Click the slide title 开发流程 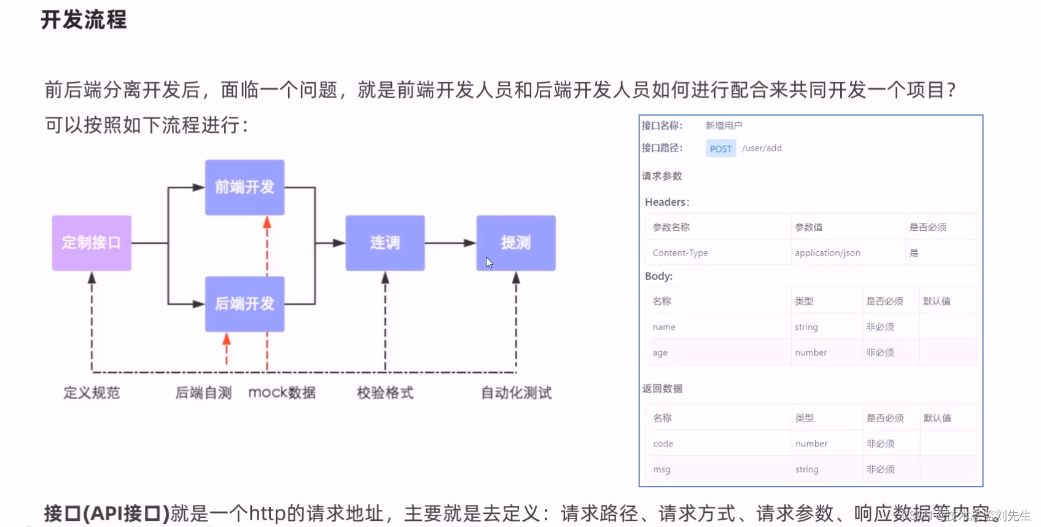coord(84,20)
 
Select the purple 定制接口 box coord(92,243)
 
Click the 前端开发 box coord(244,187)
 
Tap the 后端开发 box coord(244,304)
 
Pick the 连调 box coord(385,243)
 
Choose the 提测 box coord(516,243)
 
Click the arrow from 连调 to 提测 coord(450,243)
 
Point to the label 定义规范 coord(92,392)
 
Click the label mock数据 coord(282,392)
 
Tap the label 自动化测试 coord(516,392)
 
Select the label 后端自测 coord(203,392)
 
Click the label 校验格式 coord(385,392)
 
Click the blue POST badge coord(720,149)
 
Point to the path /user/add coord(762,148)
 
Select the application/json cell coord(827,252)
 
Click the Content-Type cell coord(680,252)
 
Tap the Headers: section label coord(667,202)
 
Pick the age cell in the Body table coord(660,353)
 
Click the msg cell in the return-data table coord(662,469)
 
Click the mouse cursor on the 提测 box coord(489,262)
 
